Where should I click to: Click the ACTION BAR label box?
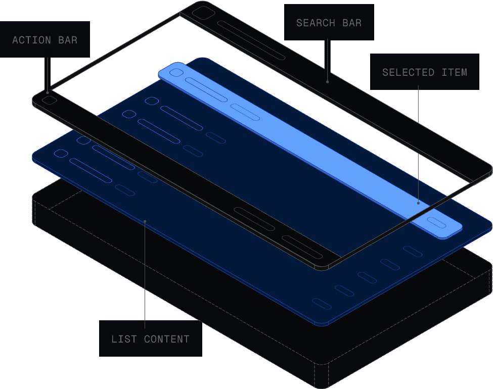45,39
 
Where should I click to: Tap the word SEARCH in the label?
316,23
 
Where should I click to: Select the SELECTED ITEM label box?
424,72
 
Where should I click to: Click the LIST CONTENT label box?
150,338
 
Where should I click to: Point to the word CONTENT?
167,339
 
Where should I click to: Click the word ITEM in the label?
454,72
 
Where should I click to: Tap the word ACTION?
31,40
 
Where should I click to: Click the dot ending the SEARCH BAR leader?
328,81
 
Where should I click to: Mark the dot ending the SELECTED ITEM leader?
418,203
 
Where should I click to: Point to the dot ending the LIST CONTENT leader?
145,221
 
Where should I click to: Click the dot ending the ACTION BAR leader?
48,92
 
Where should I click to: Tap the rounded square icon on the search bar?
203,13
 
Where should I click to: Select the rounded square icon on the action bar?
50,100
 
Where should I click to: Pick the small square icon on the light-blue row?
176,73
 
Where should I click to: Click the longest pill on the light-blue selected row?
206,90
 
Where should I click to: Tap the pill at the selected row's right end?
436,223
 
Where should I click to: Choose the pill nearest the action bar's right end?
302,247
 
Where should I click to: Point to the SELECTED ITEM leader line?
418,147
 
